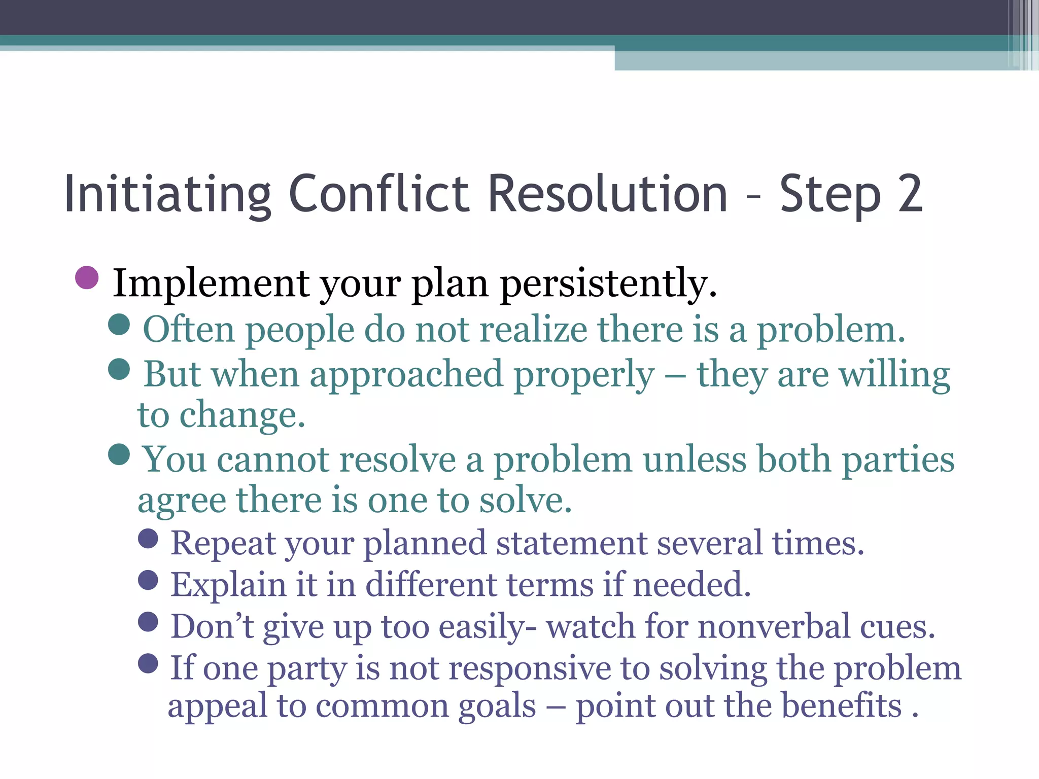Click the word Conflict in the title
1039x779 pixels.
coord(379,194)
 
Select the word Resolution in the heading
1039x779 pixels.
coord(608,194)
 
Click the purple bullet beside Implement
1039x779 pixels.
coord(87,278)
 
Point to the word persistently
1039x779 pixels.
coord(608,284)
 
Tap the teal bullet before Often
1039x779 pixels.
coord(119,325)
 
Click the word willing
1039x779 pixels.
coord(894,375)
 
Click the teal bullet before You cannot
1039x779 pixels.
coord(119,454)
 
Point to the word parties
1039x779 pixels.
coord(898,460)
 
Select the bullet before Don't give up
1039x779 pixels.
coord(148,622)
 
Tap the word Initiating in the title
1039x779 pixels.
coord(167,194)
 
